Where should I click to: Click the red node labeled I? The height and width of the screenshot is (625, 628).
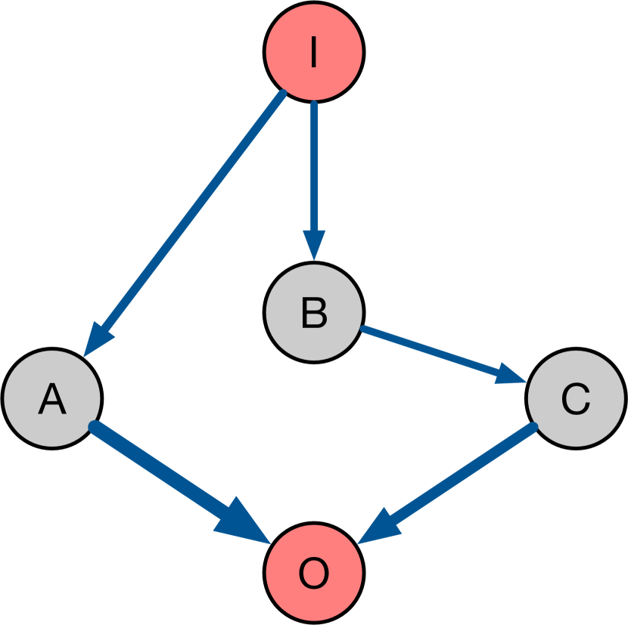coord(314,51)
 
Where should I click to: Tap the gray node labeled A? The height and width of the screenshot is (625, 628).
coord(51,398)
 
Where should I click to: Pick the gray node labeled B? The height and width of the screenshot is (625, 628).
coord(314,311)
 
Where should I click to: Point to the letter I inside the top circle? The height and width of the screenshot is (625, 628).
coord(314,52)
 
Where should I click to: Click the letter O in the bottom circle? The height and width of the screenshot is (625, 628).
coord(314,574)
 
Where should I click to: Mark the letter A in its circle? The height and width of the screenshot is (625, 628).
coord(51,399)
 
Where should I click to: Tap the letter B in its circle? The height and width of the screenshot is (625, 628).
coord(314,312)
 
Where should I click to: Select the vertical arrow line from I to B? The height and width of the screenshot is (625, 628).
coord(314,166)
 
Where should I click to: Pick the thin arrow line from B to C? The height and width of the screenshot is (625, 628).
coord(431,351)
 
